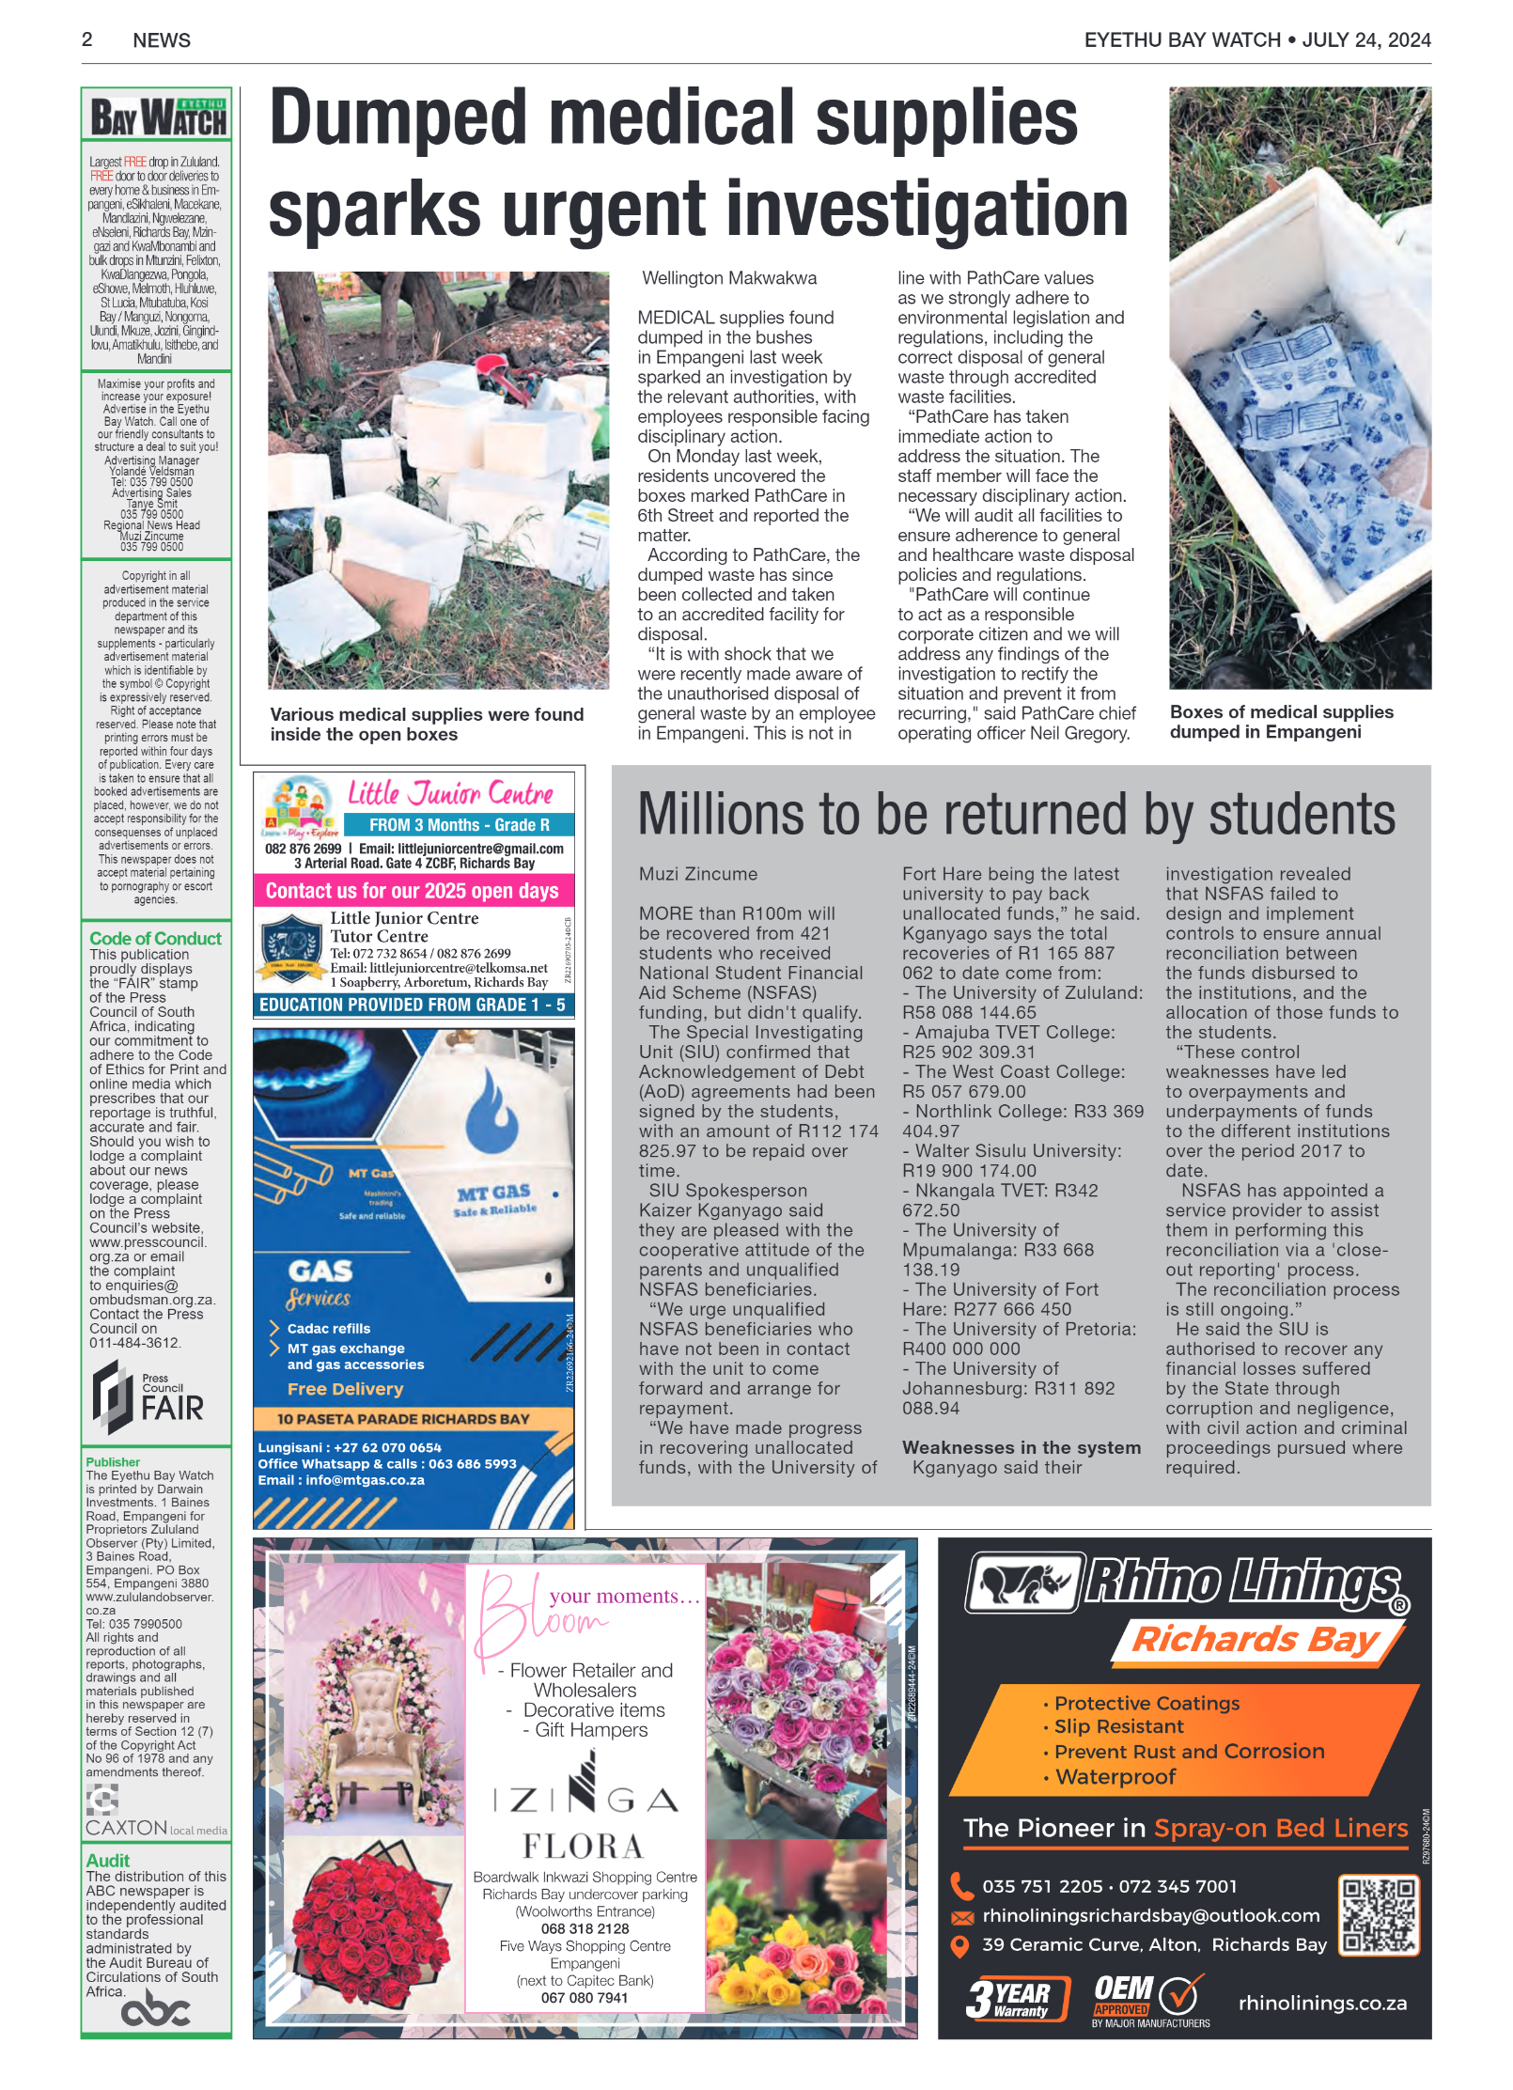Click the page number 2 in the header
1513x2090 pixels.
click(87, 39)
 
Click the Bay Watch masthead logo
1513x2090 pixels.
click(157, 117)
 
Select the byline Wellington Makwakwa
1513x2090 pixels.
click(729, 278)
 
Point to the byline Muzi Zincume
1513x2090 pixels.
click(698, 874)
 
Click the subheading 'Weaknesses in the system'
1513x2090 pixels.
click(1022, 1447)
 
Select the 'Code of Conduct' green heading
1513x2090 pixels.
click(155, 938)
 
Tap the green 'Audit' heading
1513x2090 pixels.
click(108, 1860)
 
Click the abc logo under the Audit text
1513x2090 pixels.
click(156, 2011)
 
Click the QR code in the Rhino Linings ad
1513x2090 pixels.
click(1379, 1916)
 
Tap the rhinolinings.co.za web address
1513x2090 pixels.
click(1322, 2003)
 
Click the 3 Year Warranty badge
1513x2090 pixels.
click(1018, 1998)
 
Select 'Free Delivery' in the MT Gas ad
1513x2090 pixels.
click(345, 1389)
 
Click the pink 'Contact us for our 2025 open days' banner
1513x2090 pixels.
click(413, 891)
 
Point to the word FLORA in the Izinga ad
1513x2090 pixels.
click(584, 1847)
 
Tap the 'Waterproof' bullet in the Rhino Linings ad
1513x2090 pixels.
click(1115, 1776)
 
